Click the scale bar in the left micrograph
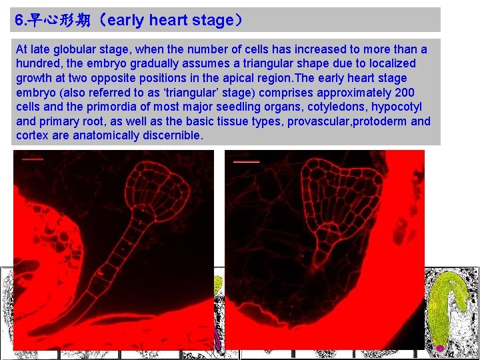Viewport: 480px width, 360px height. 33,159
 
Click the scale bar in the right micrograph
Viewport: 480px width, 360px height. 246,161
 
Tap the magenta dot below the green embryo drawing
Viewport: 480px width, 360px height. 440,348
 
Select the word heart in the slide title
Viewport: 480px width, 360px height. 168,20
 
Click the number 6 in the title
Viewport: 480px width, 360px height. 19,20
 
